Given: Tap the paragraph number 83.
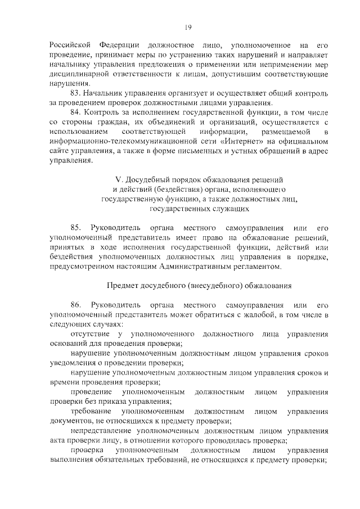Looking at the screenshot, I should [77, 93].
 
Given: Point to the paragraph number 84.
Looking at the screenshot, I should [77, 113].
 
